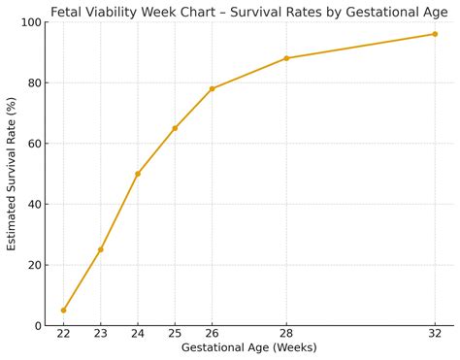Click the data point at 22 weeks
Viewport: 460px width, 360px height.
tap(64, 311)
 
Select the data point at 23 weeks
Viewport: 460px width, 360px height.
tap(101, 249)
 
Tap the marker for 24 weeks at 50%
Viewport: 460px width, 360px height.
tap(138, 174)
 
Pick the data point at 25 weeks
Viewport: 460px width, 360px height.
tap(175, 128)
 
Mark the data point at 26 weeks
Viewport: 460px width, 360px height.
tap(212, 88)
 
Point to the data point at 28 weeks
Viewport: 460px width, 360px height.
tap(286, 58)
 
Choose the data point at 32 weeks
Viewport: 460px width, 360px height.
tap(435, 34)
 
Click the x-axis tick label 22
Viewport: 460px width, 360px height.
tap(64, 334)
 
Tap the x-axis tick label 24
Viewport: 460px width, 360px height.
tap(138, 334)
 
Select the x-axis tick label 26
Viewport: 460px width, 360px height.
tap(212, 334)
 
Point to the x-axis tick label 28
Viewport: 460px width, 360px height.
tap(286, 334)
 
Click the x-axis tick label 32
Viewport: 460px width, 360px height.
tap(435, 334)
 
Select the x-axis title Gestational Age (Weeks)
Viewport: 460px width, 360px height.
tap(249, 347)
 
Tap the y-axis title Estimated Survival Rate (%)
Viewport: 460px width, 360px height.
tap(12, 174)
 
